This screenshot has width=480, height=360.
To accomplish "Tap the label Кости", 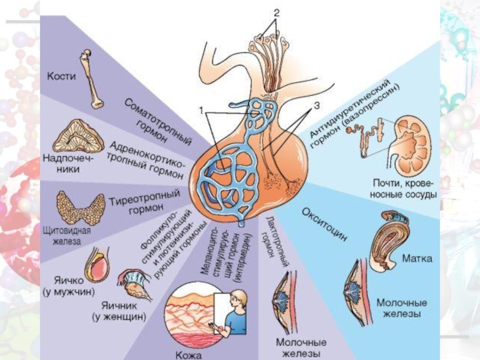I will (x=62, y=77).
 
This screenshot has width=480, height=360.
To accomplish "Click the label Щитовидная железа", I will (x=68, y=236).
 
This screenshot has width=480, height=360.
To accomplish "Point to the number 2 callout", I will (x=277, y=12).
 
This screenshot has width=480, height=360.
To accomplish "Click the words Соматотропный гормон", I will (x=158, y=122).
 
